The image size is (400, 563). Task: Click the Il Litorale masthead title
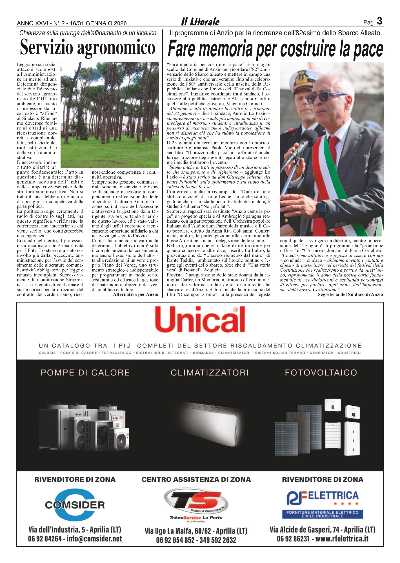200,22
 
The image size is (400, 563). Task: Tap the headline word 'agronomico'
116,48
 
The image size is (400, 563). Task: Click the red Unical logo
200,320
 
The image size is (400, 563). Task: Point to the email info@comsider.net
94,539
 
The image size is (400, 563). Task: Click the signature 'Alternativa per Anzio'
135,294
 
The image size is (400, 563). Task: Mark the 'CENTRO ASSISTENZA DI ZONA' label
196,479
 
